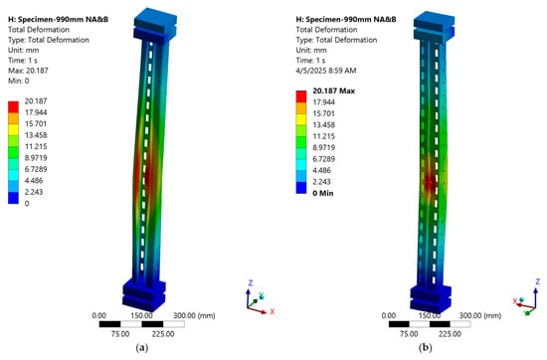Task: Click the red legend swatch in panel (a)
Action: point(13,106)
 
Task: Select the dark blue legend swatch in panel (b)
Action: point(301,188)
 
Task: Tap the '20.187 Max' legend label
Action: point(334,90)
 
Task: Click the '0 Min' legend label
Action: point(323,193)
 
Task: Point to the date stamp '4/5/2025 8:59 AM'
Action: point(326,71)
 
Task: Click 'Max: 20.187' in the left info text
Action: point(28,71)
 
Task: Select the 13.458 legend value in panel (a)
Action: point(36,135)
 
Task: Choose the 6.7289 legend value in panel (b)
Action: point(324,159)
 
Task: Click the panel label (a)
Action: point(141,347)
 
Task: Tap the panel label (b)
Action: point(426,347)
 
